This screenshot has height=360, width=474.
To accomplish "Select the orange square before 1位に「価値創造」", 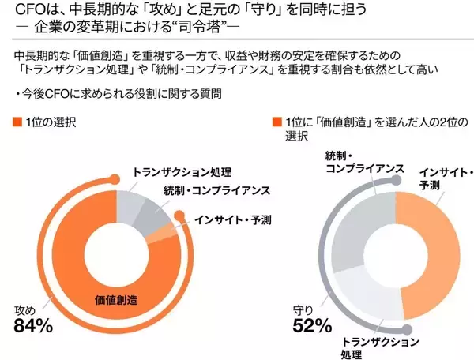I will coord(276,123).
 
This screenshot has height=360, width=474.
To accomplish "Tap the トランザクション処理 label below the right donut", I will coord(380,347).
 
